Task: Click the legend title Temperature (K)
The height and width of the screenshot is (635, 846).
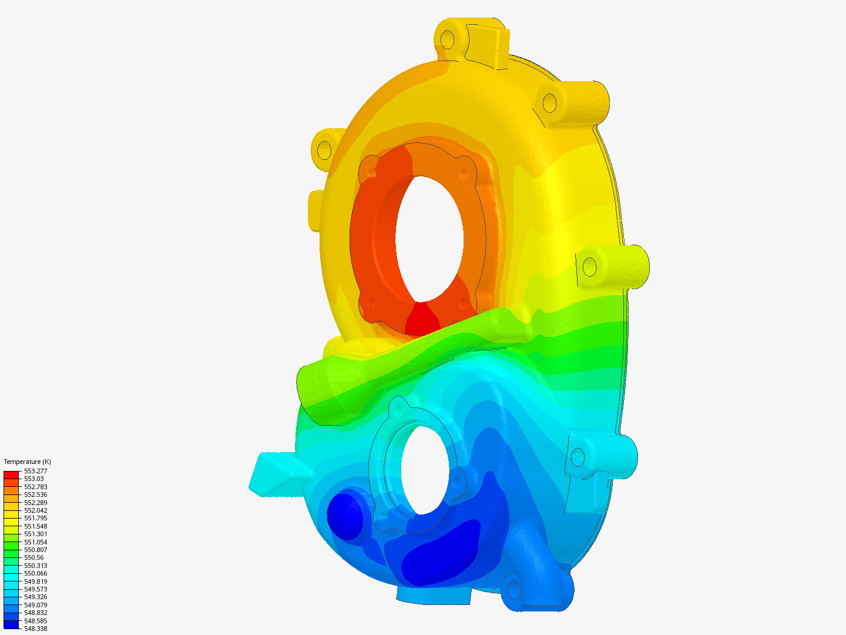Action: click(x=27, y=462)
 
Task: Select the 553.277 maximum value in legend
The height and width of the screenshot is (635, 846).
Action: click(x=35, y=471)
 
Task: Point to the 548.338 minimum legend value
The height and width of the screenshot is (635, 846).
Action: click(x=35, y=629)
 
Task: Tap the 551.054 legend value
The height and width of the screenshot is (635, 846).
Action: click(x=35, y=542)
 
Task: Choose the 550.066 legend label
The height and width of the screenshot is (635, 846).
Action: click(x=35, y=573)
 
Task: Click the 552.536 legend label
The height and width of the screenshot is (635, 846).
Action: click(x=35, y=494)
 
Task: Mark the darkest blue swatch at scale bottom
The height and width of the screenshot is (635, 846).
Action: click(x=11, y=624)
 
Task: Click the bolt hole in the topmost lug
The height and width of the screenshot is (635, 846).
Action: click(x=448, y=40)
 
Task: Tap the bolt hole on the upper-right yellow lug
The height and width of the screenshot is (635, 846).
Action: click(x=549, y=103)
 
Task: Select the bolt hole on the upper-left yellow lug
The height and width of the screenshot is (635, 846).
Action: click(x=324, y=150)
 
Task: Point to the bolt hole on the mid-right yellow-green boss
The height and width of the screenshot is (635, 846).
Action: click(x=589, y=268)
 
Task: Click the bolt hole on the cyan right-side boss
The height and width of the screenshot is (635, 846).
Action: click(x=578, y=457)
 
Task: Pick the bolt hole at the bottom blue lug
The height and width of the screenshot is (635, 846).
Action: click(x=513, y=589)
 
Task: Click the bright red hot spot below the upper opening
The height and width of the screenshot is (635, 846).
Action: click(x=422, y=320)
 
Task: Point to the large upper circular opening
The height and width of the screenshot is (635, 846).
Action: click(x=429, y=238)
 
